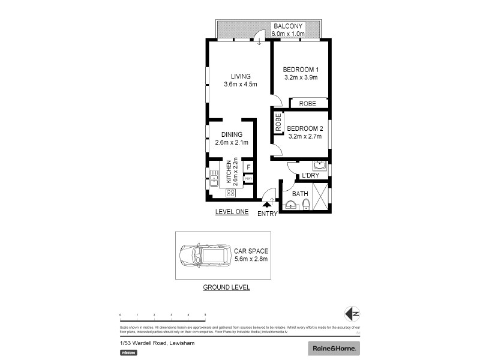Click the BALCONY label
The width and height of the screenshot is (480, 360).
click(x=289, y=26)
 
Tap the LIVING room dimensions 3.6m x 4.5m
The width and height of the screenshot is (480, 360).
click(x=240, y=84)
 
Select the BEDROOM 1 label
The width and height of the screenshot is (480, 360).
click(x=300, y=70)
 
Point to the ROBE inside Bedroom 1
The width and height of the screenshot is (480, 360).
click(x=307, y=104)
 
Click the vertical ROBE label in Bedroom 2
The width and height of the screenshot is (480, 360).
click(x=278, y=123)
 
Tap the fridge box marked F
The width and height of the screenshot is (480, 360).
click(x=248, y=167)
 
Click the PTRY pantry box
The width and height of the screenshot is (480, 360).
click(x=248, y=178)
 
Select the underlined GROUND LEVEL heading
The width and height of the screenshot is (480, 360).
click(x=226, y=287)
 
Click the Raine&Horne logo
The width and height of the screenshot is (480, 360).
click(x=333, y=348)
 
